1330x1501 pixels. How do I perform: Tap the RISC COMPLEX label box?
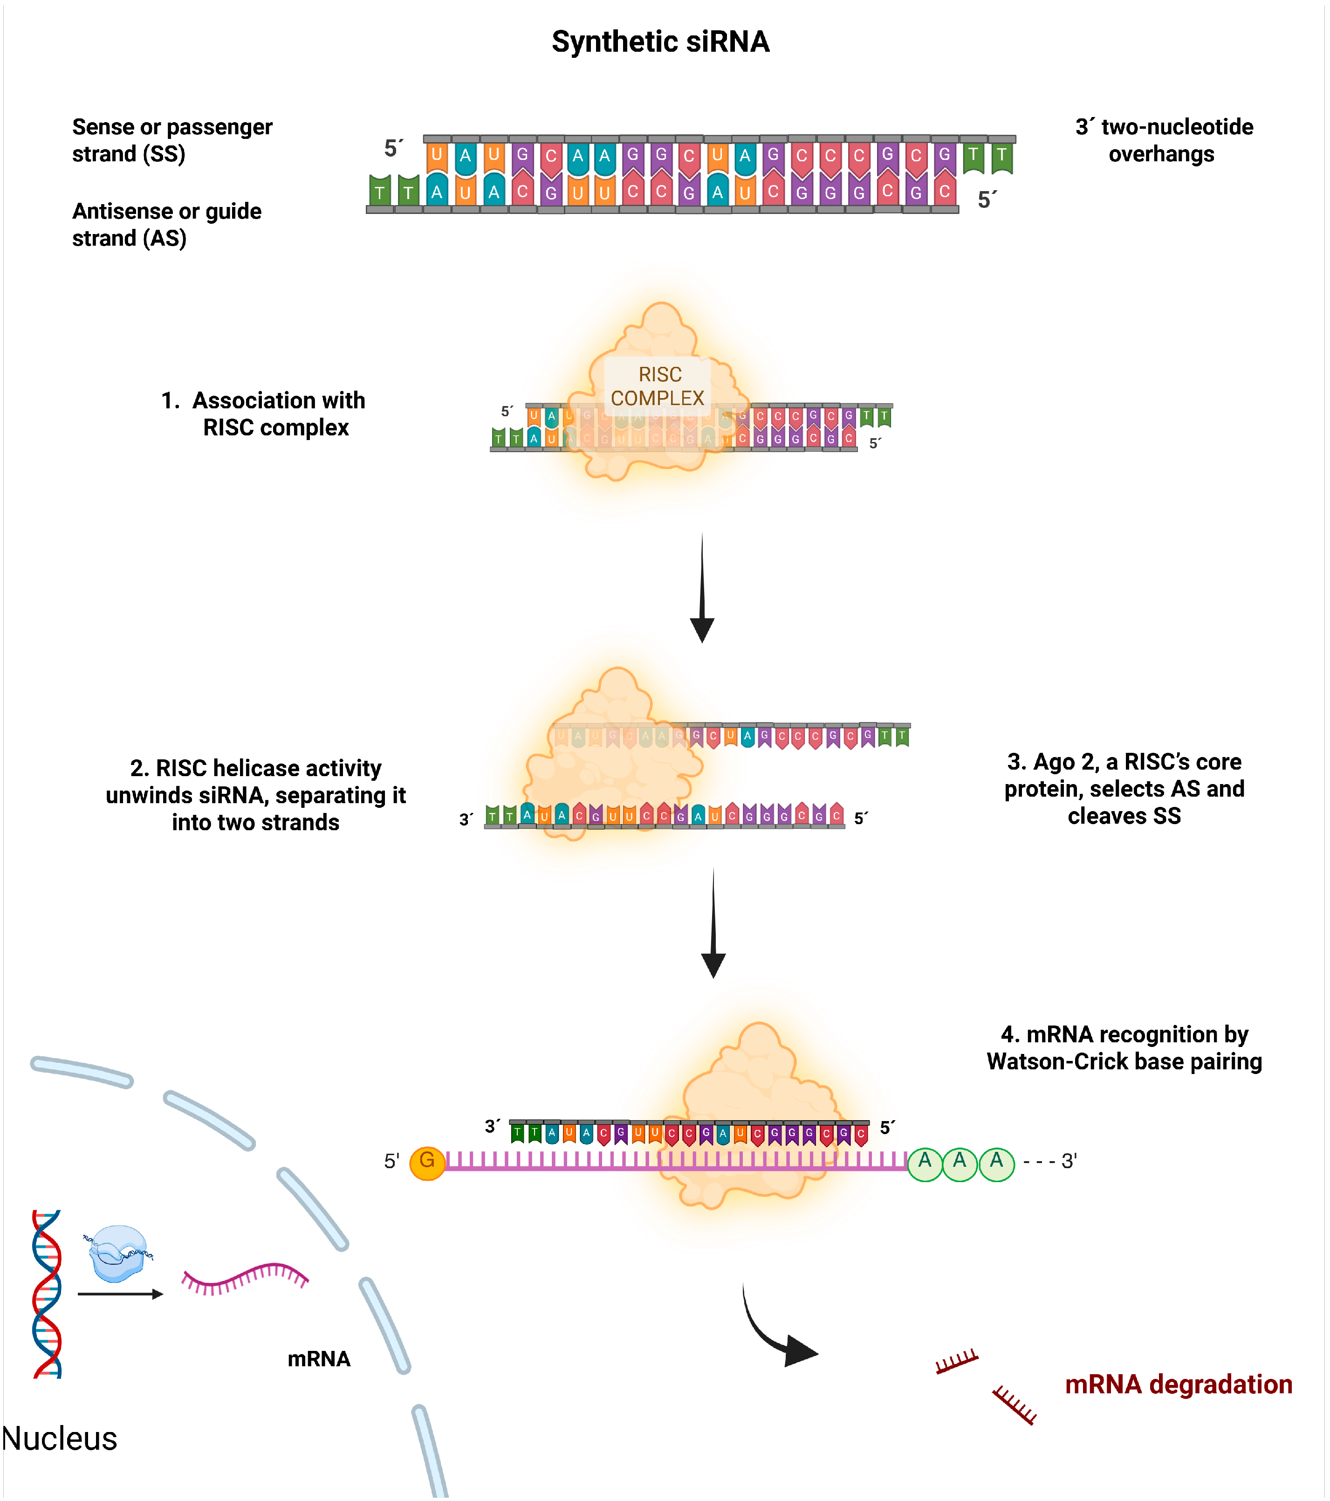coord(658,386)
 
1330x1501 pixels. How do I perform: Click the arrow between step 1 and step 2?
coord(702,587)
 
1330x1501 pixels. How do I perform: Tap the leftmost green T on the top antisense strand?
coord(379,192)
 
